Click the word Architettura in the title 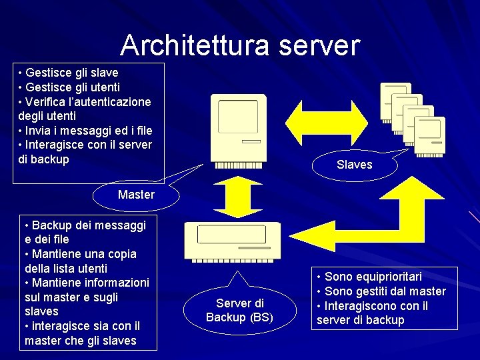(193, 45)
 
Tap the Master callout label (136, 195)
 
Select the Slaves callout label (355, 164)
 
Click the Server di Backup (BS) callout (239, 310)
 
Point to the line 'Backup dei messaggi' (83, 225)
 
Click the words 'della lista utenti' (65, 268)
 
